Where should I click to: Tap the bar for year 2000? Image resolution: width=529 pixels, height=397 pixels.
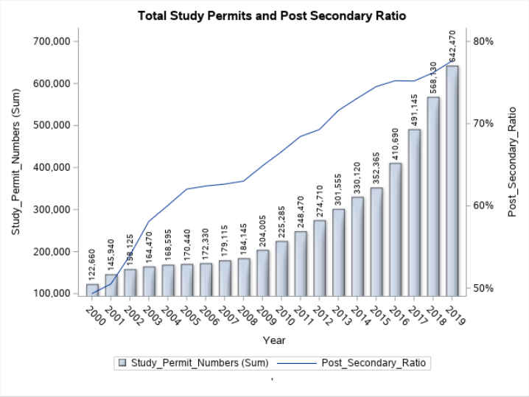[x=92, y=289]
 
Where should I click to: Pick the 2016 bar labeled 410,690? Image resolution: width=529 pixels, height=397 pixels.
[x=396, y=229]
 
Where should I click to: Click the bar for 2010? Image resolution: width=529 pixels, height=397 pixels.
[x=282, y=268]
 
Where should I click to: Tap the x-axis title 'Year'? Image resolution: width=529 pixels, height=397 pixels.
[x=274, y=340]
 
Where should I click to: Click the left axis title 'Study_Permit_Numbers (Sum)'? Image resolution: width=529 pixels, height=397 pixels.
[x=15, y=162]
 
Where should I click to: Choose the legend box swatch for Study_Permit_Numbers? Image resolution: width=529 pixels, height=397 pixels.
[x=123, y=363]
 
